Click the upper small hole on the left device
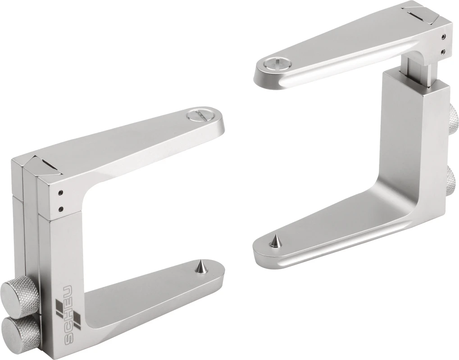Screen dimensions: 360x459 (60, 193)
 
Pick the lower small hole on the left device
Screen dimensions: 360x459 (60, 208)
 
